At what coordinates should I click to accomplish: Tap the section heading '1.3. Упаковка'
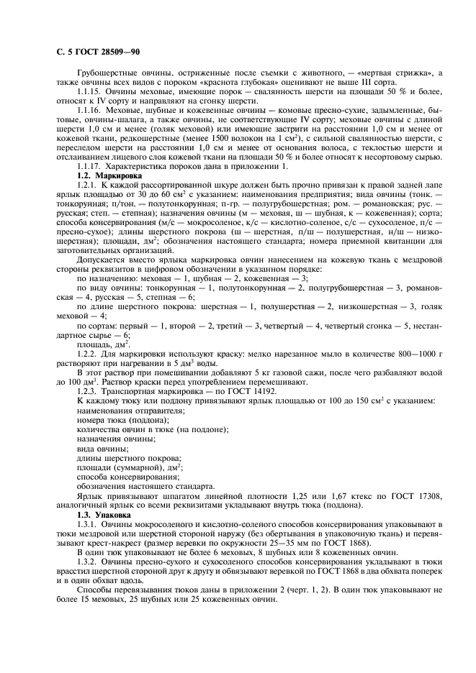pyautogui.click(x=103, y=516)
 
